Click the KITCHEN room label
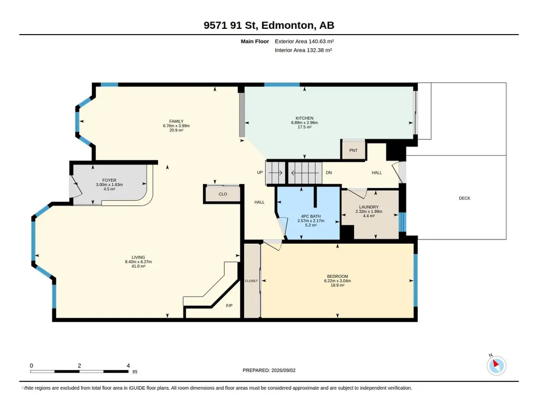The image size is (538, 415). (304, 118)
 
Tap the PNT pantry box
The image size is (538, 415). (353, 150)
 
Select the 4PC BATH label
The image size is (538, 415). (311, 216)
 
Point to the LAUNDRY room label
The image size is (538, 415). (368, 207)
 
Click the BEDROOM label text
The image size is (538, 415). (337, 276)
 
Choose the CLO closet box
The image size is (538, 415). (223, 194)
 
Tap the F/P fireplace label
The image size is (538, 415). (229, 305)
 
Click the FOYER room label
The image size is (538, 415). (109, 180)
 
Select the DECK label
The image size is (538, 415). (464, 198)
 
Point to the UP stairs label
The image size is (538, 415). (260, 172)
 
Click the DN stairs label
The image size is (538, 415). (329, 172)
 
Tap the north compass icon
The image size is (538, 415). (496, 365)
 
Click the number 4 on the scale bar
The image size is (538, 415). (128, 366)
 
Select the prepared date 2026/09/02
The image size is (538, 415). (283, 370)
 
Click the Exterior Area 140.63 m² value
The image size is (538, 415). (321, 41)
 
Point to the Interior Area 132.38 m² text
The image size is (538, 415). (303, 50)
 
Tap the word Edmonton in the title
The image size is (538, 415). (288, 25)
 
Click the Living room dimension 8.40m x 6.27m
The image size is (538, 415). (138, 261)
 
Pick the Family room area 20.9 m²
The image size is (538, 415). (176, 130)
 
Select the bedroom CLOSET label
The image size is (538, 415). (251, 281)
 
